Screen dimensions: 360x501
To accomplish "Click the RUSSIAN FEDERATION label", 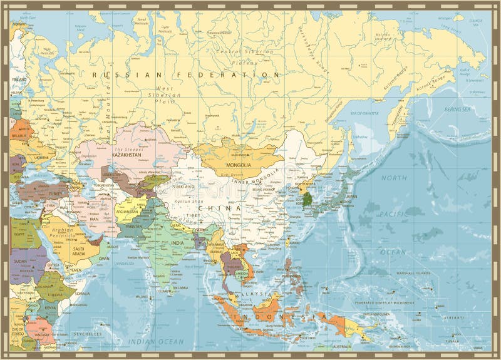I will pyautogui.click(x=185, y=75).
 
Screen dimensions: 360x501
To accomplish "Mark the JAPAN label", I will pyautogui.click(x=351, y=196).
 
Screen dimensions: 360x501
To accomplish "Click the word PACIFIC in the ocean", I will pyautogui.click(x=393, y=214).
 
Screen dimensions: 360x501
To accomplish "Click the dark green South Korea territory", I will pyautogui.click(x=307, y=200).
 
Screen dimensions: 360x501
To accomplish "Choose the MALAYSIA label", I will pyautogui.click(x=257, y=294).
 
